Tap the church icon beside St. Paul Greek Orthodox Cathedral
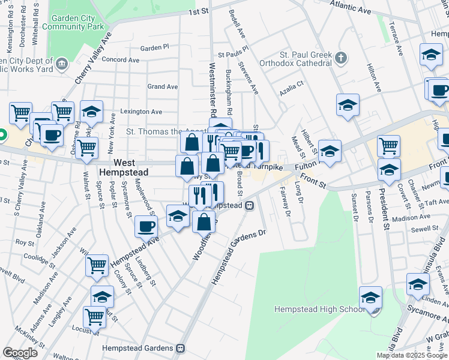pos(341,58)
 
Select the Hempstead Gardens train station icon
pos(180,348)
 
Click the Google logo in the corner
pos(20,352)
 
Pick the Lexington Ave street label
pos(141,112)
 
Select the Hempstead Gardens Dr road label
pos(238,257)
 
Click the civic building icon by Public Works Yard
pos(61,63)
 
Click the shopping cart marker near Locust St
pos(94,317)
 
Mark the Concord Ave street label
pos(122,60)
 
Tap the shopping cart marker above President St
pos(389,146)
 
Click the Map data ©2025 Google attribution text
pos(412,355)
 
